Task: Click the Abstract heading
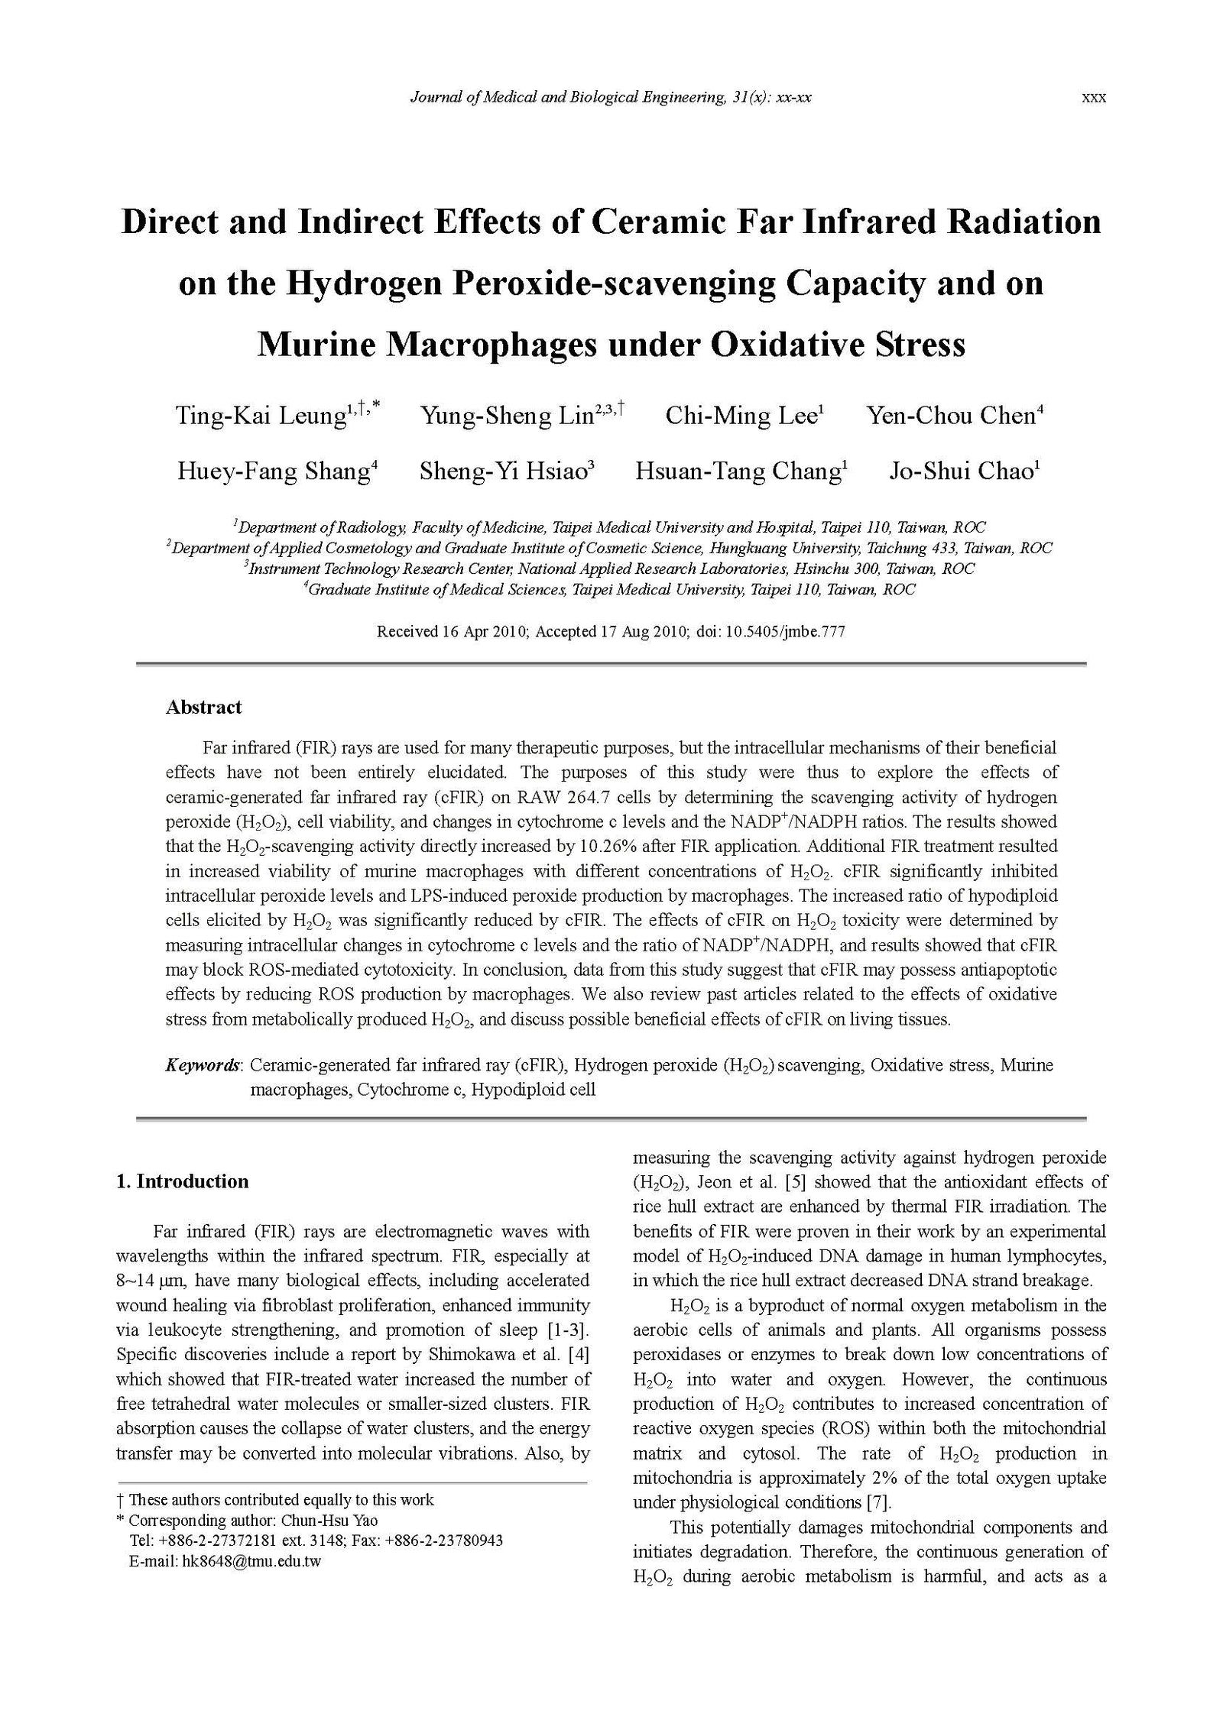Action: click(203, 707)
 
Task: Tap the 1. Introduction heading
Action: click(182, 1181)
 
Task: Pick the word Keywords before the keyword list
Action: click(203, 1065)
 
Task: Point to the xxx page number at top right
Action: click(1094, 98)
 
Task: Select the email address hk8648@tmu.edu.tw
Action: click(251, 1561)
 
